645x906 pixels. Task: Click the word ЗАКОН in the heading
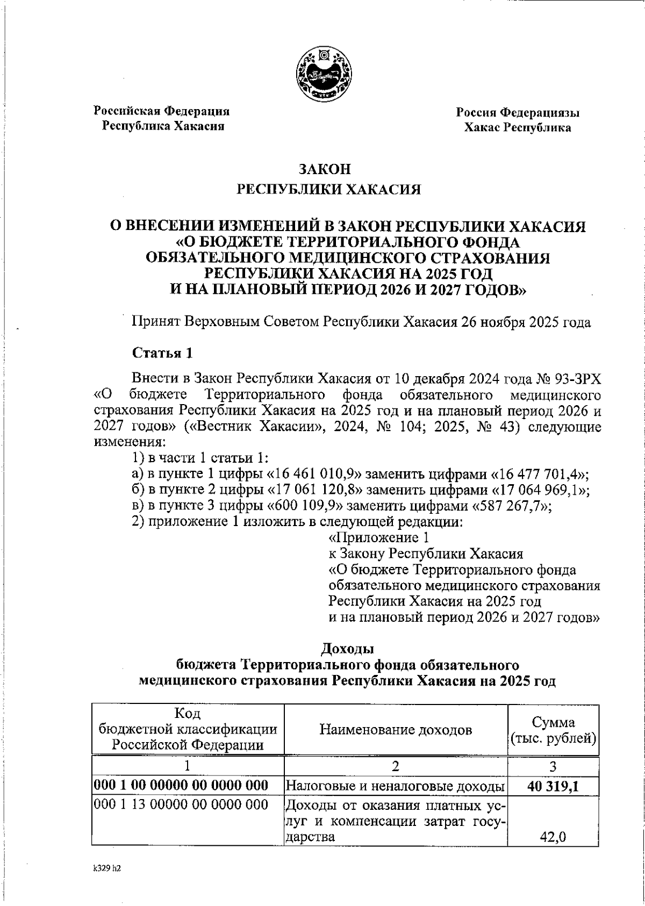pos(325,169)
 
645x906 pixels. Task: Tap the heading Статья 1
pos(162,353)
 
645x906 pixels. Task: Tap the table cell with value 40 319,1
pos(553,787)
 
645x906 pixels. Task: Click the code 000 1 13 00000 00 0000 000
pos(181,804)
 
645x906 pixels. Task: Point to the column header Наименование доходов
pos(396,730)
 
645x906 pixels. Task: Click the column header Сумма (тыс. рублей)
pos(553,730)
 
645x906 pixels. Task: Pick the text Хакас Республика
pos(517,128)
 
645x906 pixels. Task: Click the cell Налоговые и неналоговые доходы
pos(395,787)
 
